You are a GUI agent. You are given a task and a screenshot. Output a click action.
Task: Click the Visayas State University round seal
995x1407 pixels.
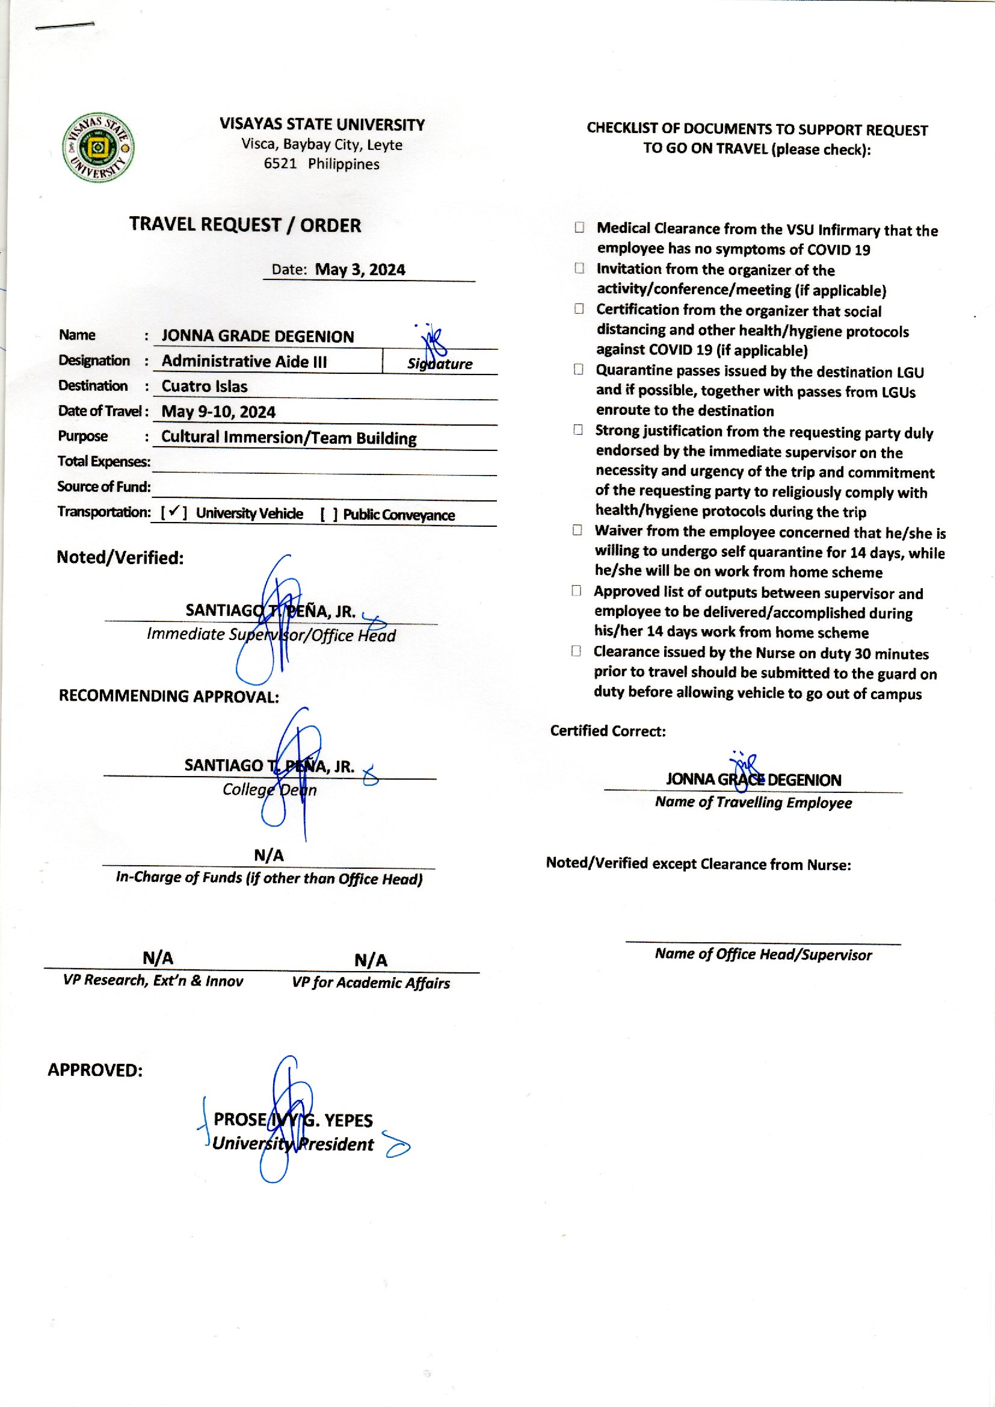[99, 148]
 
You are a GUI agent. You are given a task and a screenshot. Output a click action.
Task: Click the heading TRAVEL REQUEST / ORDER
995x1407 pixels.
[245, 225]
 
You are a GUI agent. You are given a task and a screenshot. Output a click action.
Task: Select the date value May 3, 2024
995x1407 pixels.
[360, 270]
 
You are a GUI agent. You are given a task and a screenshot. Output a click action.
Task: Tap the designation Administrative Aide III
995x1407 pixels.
[244, 361]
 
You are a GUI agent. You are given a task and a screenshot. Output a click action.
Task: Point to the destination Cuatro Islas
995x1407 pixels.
[204, 387]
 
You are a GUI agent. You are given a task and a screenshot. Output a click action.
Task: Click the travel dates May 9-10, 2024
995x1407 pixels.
[218, 411]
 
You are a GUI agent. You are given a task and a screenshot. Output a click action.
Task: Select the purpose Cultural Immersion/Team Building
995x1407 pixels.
[289, 438]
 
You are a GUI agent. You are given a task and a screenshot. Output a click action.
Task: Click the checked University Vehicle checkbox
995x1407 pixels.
[173, 512]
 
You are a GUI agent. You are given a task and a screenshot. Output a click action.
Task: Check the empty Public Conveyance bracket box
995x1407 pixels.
[328, 514]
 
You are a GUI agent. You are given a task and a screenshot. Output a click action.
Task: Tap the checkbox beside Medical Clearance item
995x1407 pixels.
[579, 228]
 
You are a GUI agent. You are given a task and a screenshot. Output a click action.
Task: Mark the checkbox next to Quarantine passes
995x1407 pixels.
[578, 370]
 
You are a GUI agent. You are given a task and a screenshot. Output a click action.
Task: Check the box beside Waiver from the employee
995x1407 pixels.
[577, 530]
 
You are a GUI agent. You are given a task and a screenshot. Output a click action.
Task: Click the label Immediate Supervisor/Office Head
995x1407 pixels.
[271, 635]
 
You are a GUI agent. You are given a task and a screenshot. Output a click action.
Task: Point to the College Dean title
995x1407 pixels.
[270, 790]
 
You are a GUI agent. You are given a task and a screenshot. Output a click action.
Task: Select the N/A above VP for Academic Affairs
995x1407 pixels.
[371, 961]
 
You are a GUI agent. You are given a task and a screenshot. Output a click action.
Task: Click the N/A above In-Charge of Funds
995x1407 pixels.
[269, 856]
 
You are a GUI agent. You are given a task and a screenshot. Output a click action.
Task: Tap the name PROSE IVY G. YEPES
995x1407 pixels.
[293, 1120]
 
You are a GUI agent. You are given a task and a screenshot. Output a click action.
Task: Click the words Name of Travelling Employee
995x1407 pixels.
[753, 803]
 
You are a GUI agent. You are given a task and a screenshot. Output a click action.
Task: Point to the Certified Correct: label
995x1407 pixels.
[607, 731]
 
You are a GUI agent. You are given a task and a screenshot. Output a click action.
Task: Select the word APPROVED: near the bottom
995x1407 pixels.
[95, 1070]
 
